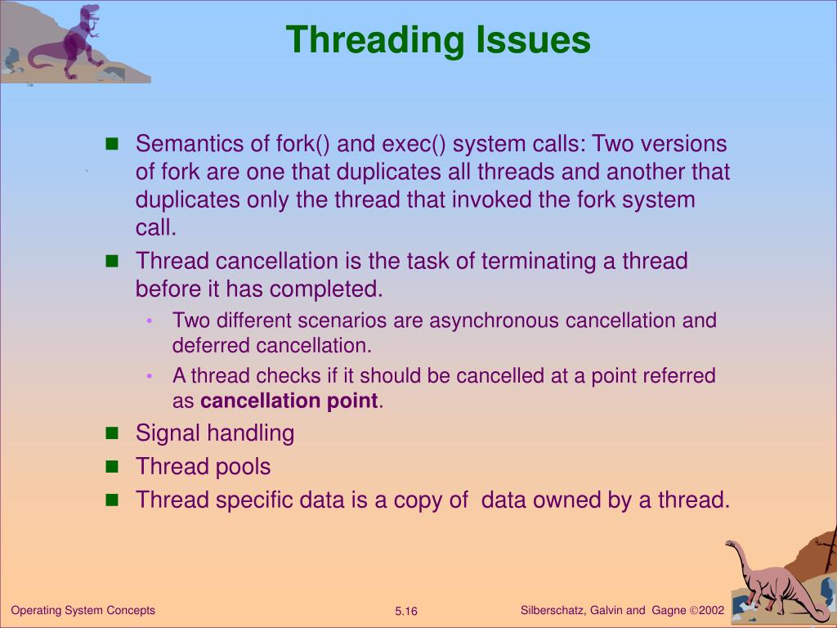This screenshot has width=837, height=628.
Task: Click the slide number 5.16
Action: (x=406, y=612)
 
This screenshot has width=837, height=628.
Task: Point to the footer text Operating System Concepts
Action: (x=83, y=610)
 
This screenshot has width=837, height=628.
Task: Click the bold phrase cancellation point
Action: (x=289, y=401)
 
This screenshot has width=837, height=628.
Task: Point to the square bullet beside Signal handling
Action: (x=113, y=433)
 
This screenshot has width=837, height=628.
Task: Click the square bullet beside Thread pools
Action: (x=113, y=466)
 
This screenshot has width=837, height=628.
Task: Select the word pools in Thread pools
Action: (x=243, y=467)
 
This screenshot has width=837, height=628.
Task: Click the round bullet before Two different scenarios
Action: (x=150, y=321)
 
